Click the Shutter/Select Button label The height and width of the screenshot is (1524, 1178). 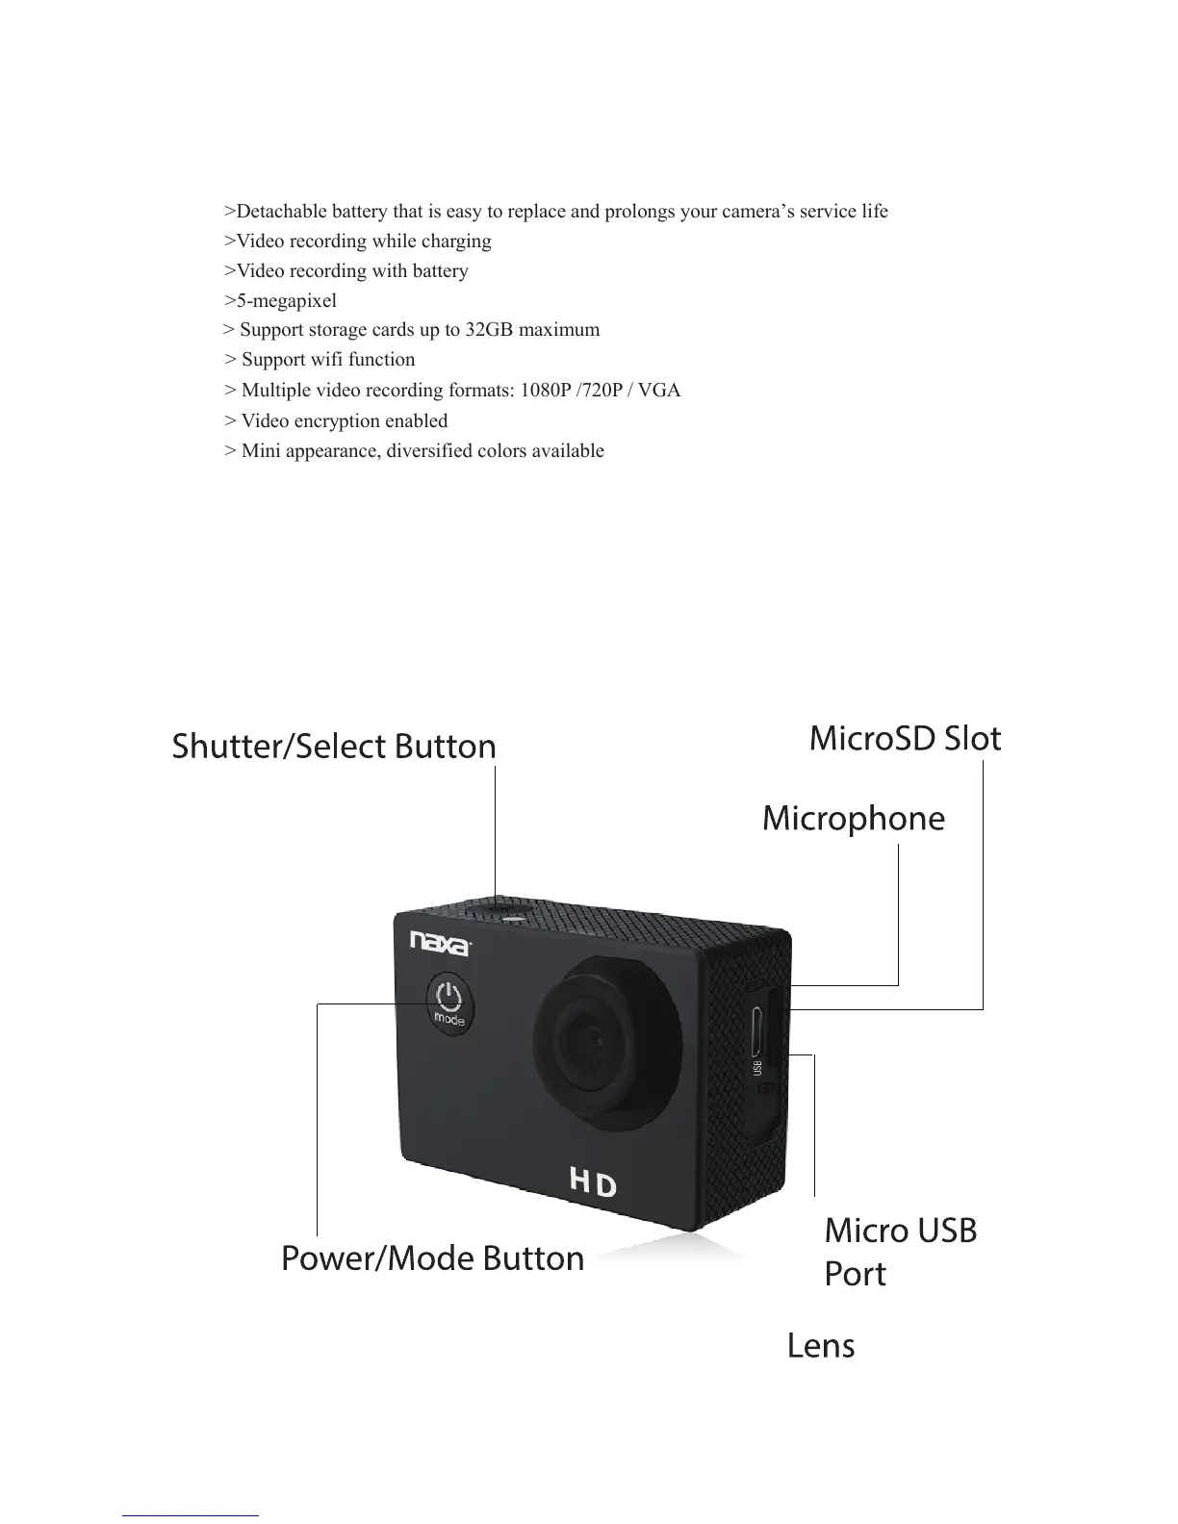(333, 747)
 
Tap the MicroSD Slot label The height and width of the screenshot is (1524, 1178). (905, 738)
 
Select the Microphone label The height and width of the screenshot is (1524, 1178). (853, 819)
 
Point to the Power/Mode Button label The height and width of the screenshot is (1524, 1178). (432, 1258)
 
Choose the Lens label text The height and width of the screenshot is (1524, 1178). (820, 1345)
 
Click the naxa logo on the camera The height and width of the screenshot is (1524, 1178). (440, 942)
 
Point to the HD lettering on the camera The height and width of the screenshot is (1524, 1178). (592, 1183)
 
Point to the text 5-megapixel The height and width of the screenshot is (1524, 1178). (286, 300)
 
